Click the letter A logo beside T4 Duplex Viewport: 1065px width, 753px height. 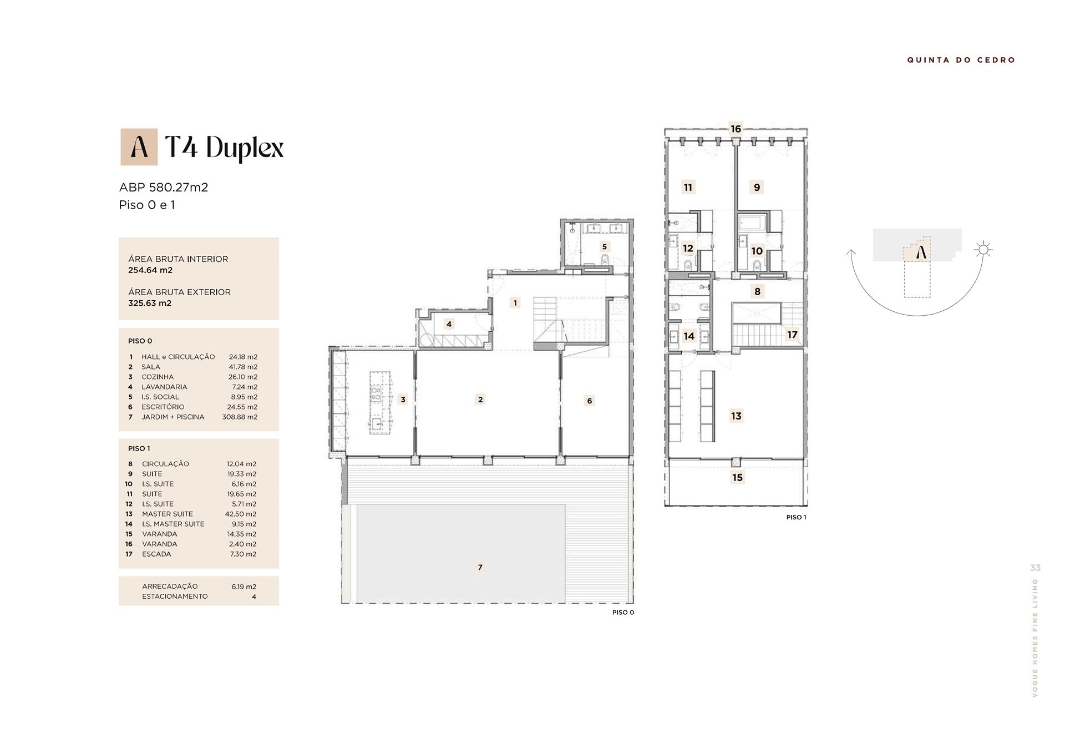pos(139,147)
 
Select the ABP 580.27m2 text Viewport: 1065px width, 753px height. pos(164,188)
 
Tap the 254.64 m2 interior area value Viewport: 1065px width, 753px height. pos(150,270)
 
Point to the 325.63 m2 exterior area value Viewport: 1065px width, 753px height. pos(150,303)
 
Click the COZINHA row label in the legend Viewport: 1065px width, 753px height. pos(158,377)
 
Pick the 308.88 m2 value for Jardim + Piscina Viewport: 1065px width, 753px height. pos(240,417)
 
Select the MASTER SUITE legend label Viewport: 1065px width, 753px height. pos(168,514)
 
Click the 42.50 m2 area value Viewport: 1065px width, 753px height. pos(241,514)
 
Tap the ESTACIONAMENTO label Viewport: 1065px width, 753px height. pos(175,597)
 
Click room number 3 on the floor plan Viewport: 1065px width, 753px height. pos(403,400)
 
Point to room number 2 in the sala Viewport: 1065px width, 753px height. pos(480,399)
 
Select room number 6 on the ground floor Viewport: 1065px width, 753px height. pos(589,401)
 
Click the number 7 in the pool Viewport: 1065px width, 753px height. pos(480,567)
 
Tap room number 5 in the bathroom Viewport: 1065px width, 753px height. pos(604,247)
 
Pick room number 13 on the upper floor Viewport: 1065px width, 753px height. pos(736,416)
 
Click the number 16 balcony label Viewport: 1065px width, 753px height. pos(736,129)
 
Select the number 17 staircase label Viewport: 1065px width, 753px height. pos(792,335)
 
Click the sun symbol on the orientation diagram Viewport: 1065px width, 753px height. pos(983,250)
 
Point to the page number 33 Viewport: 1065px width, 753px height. pos(1036,568)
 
